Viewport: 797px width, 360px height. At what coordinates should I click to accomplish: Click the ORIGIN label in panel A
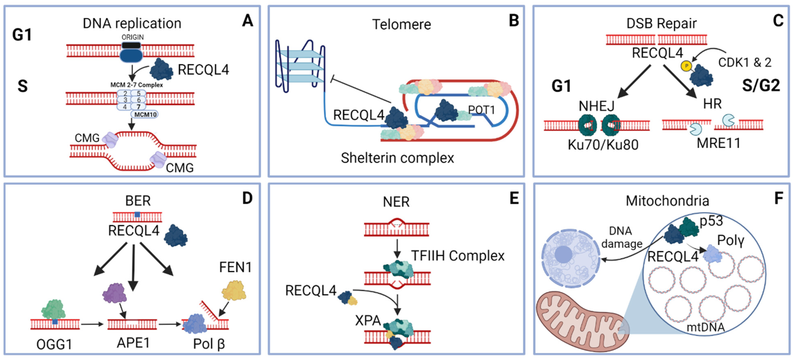132,37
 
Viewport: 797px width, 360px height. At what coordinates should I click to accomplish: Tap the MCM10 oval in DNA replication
145,114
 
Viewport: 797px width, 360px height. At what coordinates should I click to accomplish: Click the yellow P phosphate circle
686,66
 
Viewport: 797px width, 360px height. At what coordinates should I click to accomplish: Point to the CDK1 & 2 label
744,62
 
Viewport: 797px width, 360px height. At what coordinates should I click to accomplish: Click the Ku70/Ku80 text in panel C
603,145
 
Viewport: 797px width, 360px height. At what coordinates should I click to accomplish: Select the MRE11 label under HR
718,143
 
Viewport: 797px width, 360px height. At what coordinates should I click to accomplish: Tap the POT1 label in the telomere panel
481,110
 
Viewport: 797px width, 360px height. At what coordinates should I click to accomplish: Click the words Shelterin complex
397,158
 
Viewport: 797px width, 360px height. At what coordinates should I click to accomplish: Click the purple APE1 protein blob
114,293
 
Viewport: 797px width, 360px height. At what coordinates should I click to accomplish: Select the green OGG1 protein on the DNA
53,309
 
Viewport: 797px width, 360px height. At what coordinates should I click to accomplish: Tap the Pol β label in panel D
209,344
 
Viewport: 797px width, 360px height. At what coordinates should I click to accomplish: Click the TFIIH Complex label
458,256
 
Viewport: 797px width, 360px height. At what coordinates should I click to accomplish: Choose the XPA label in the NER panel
368,320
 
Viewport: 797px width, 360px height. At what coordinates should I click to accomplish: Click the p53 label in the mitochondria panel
711,221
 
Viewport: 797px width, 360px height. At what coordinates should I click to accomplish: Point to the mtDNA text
705,327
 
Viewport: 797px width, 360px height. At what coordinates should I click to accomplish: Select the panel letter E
514,198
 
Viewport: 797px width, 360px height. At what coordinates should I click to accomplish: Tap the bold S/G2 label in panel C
761,85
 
